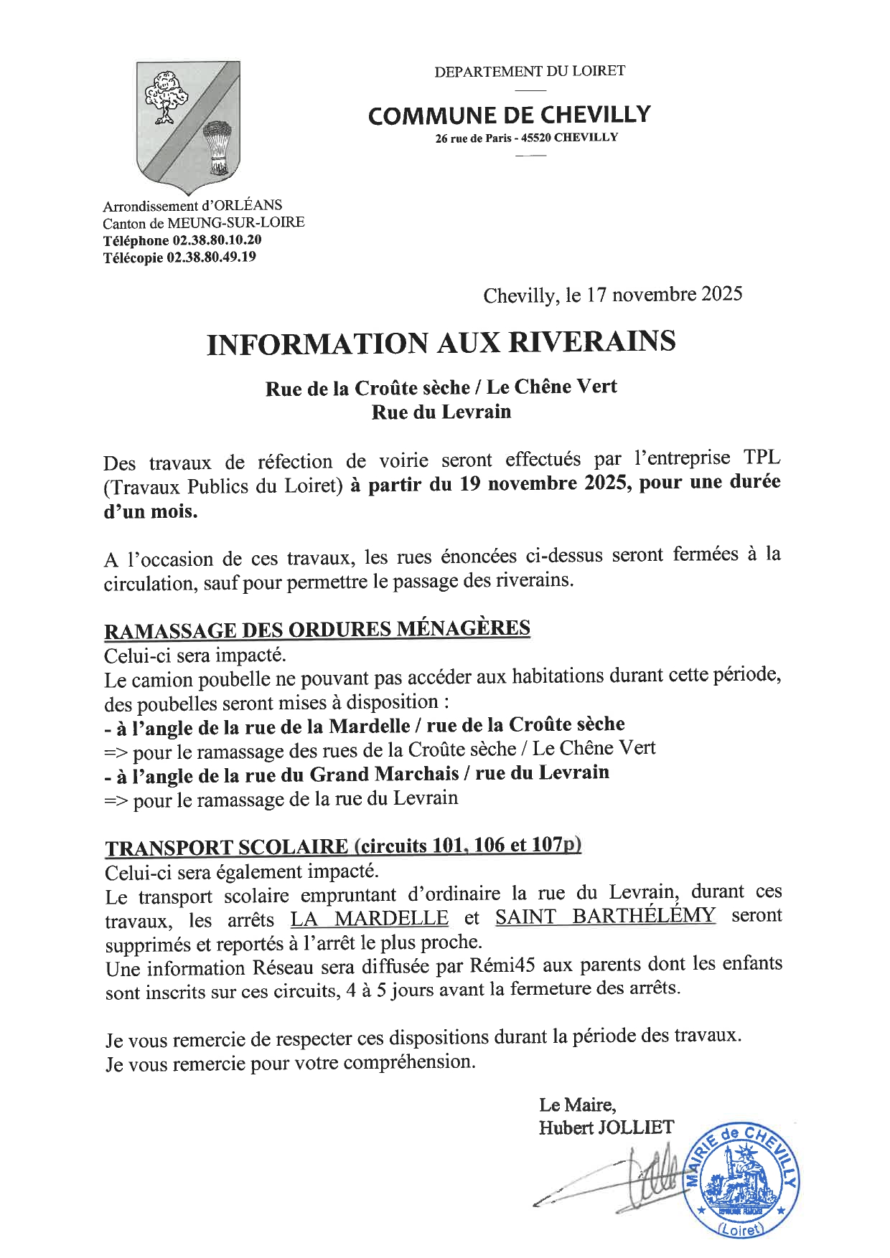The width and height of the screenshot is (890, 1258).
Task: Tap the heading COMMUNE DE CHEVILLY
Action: pos(509,115)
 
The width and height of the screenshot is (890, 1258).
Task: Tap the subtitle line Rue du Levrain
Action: pos(441,412)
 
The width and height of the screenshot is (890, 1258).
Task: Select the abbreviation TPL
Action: pos(762,458)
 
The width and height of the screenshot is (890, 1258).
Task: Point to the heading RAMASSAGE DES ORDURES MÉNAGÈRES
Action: pos(317,629)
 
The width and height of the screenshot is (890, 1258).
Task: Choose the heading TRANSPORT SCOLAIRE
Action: pos(226,847)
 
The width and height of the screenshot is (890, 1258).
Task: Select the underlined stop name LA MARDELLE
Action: pos(370,918)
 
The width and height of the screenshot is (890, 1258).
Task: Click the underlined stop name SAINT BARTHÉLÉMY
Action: pos(605,916)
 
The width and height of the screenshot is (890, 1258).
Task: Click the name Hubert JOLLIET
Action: pos(606,1127)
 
